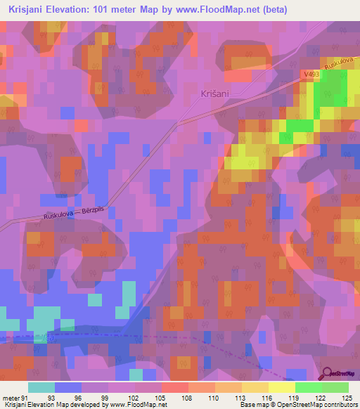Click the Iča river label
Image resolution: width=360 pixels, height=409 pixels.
point(49,338)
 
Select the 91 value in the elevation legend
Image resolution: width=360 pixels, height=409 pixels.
point(25,379)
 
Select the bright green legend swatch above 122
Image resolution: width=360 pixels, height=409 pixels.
point(309,387)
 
